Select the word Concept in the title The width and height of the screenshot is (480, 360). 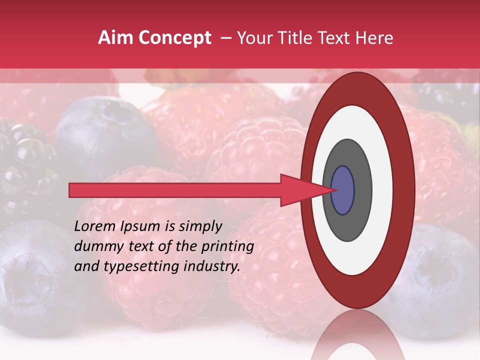(174, 38)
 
